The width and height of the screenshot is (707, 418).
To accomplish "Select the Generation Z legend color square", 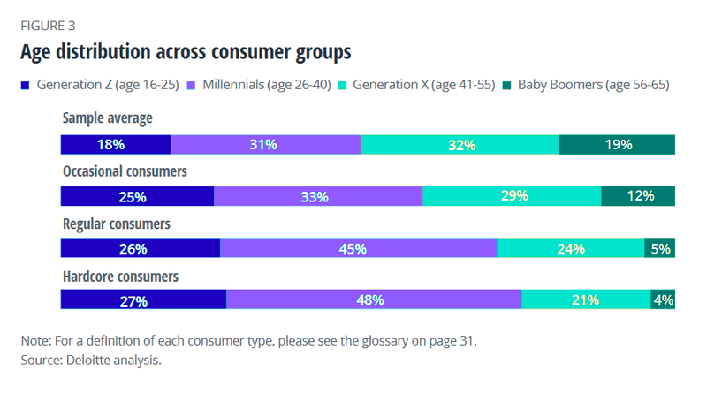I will point(26,86).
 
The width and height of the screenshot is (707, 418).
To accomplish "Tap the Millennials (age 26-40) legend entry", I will point(269,86).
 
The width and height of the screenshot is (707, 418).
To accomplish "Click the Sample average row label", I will point(107,118).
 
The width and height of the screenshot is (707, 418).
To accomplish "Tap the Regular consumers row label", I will point(116,224).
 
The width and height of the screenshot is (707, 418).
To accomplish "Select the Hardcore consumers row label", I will point(120,277).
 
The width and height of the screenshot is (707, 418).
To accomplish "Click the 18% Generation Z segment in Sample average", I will point(115,145).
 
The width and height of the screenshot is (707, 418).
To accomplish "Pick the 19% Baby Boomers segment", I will point(617,145).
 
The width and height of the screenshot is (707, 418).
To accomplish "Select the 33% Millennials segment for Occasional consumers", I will point(318,197).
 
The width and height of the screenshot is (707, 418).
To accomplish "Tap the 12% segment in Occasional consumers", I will point(638,197).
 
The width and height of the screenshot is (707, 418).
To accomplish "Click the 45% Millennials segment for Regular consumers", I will point(358,249).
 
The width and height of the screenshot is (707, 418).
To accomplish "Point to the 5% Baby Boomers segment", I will point(659,249).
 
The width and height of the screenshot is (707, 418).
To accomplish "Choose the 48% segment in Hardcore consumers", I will point(373,300).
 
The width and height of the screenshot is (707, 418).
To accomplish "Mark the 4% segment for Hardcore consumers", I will point(663,300).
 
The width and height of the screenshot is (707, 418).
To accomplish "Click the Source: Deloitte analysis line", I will point(91,361).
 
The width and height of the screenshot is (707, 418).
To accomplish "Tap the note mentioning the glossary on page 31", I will point(248,340).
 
